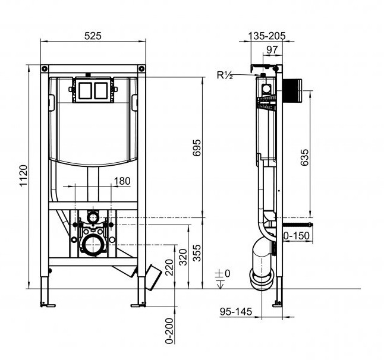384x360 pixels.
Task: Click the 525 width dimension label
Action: pos(93,36)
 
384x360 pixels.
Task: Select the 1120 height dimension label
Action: pos(24,176)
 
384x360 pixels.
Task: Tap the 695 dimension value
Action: pos(196,148)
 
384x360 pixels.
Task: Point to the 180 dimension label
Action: pos(122,181)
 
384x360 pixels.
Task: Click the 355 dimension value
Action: pos(196,253)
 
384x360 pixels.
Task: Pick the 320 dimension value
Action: pos(183,257)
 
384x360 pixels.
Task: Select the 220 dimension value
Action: pos(169,267)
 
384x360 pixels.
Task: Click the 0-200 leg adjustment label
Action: pos(169,331)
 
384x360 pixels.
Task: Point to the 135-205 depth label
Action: pos(267,36)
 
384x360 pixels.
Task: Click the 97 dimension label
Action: pos(272,50)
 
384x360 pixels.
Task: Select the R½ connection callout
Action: pos(225,75)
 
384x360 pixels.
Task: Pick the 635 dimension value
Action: pos(305,157)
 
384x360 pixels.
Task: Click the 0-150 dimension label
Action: pos(297,236)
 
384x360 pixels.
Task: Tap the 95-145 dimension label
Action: pos(236,311)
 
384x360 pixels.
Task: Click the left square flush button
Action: pos(85,90)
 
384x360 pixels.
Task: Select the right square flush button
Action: pos(101,90)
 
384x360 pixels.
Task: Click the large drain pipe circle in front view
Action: pos(93,245)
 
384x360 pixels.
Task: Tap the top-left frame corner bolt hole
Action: pos(45,68)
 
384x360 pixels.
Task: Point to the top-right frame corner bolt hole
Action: pos(141,68)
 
